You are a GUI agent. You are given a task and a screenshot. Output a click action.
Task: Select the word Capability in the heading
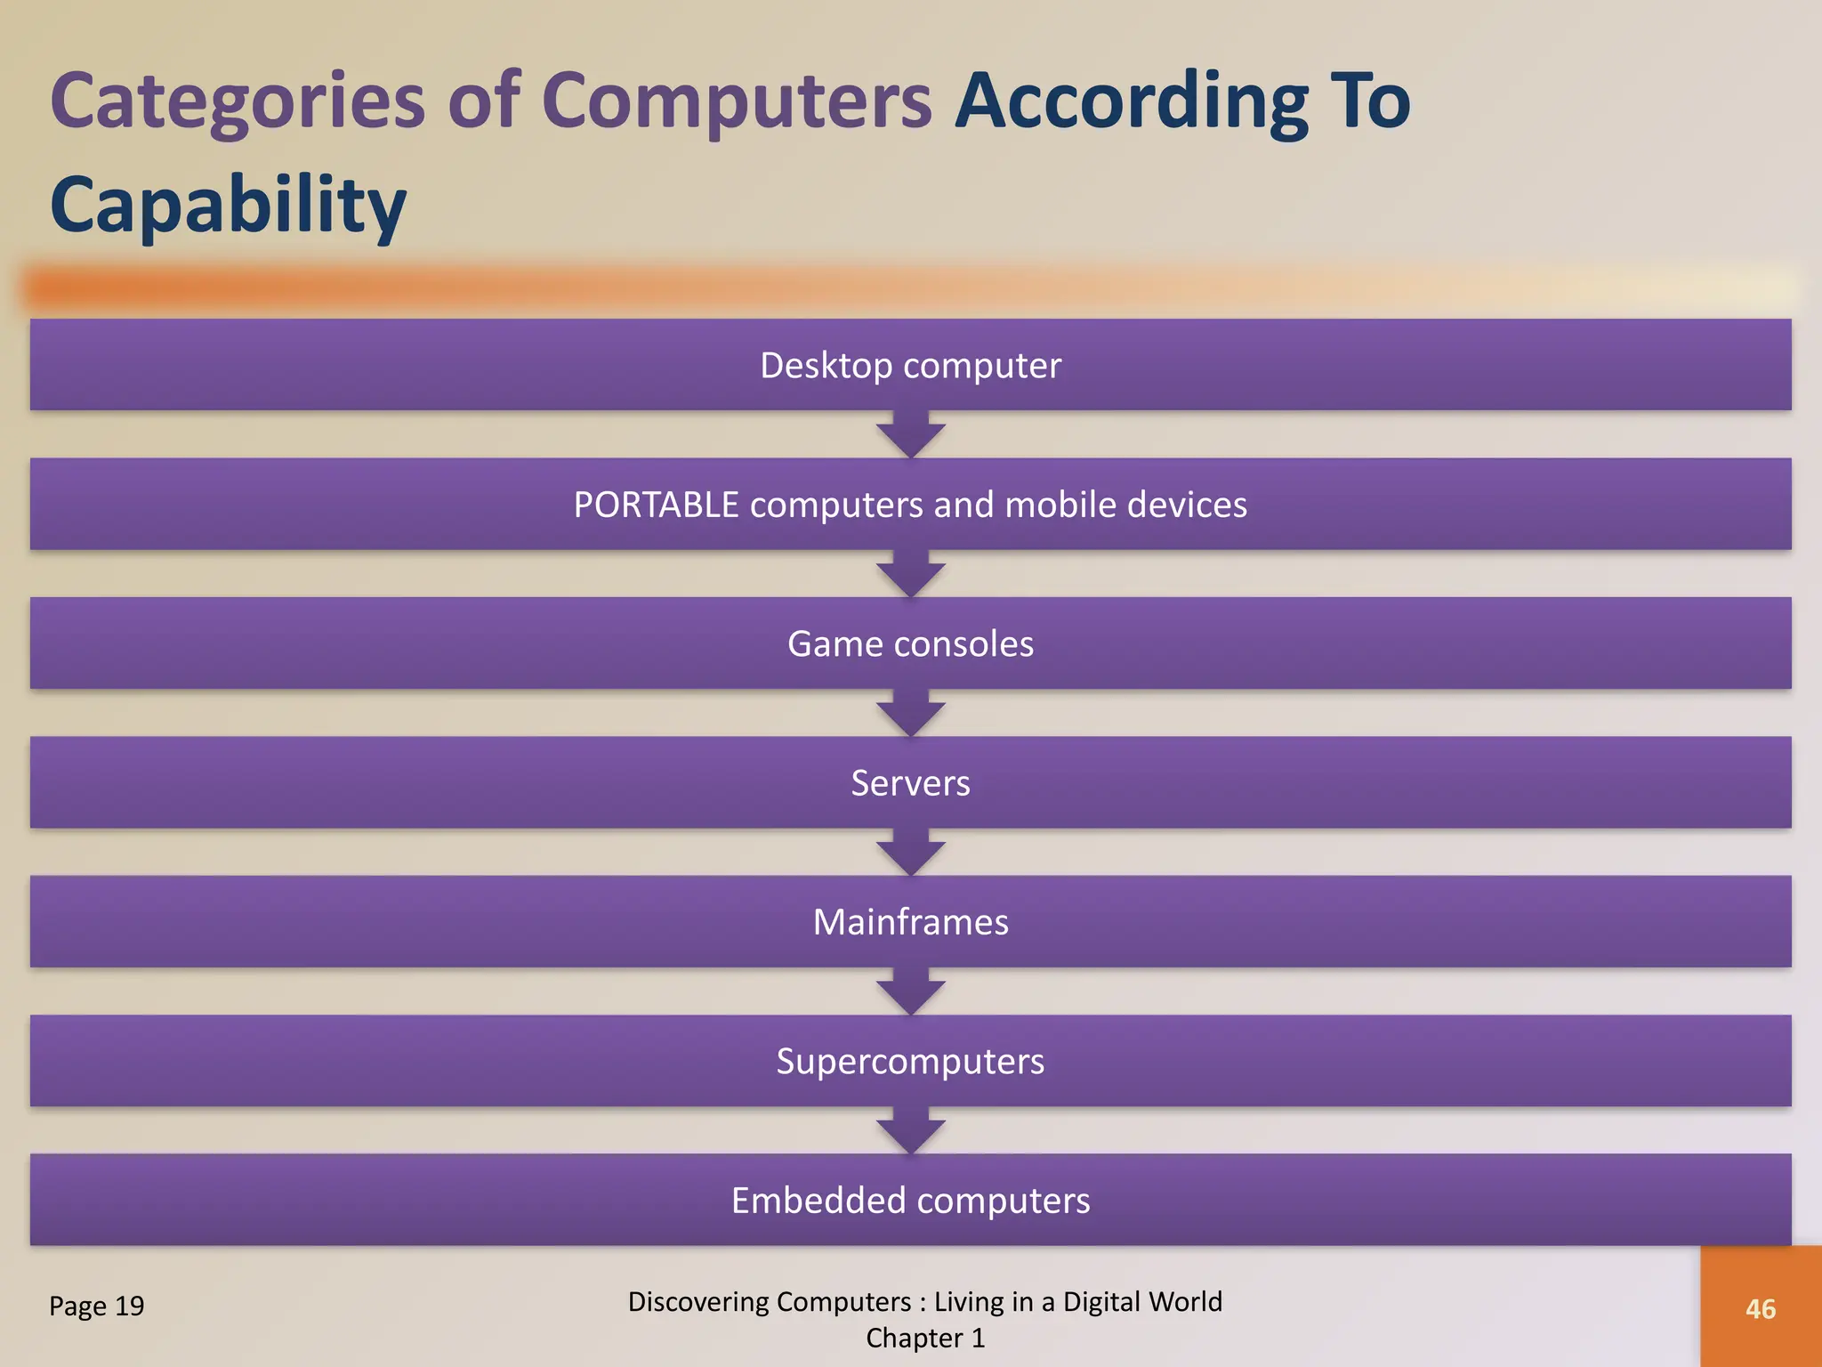(228, 206)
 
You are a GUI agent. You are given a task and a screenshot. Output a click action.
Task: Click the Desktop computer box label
(910, 366)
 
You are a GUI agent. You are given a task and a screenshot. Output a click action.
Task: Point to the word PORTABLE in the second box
(656, 506)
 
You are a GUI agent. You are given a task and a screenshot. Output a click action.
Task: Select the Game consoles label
(910, 644)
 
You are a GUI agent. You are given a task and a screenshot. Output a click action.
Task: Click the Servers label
(910, 783)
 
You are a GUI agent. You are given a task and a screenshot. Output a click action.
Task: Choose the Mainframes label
(910, 922)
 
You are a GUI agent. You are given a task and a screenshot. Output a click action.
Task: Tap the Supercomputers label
(910, 1062)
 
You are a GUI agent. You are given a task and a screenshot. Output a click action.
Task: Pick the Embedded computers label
(910, 1201)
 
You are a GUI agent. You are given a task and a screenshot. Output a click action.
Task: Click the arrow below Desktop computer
(910, 435)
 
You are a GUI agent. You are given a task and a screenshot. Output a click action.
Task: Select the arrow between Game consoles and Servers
(910, 714)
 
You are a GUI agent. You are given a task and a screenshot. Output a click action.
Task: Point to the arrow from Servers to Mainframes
(910, 853)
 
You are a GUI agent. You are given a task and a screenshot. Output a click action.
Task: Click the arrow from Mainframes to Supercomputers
(910, 992)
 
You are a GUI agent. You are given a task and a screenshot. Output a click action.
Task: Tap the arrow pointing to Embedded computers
(910, 1131)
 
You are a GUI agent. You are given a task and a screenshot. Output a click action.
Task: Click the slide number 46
(1761, 1309)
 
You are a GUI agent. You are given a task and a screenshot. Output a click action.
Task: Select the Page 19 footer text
(96, 1306)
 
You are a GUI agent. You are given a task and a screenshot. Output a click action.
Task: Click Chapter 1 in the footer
(925, 1339)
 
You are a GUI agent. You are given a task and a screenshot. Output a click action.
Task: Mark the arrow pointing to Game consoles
(910, 575)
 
